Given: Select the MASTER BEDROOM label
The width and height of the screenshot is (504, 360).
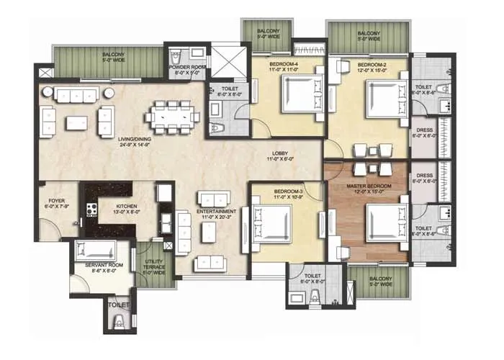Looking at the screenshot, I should coord(369,186).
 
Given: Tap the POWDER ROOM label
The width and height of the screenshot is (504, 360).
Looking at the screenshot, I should coord(185,68).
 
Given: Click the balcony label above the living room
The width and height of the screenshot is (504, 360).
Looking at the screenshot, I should coord(115,57).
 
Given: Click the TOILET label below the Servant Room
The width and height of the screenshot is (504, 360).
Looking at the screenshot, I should coord(119,305).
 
